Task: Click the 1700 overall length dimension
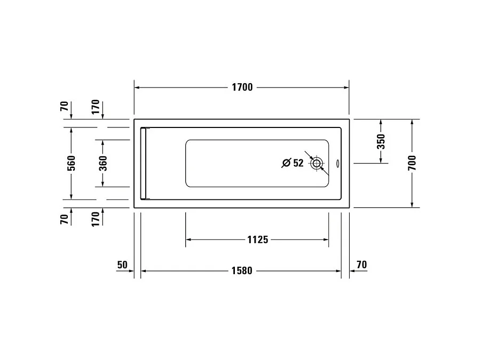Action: [x=242, y=87]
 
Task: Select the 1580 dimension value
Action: [x=241, y=271]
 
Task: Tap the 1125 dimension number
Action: [x=257, y=240]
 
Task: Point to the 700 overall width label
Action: [x=412, y=163]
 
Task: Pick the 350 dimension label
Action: [x=381, y=141]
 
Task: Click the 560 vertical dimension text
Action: [x=72, y=163]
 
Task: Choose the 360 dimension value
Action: [x=103, y=163]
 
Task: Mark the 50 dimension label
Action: [x=122, y=265]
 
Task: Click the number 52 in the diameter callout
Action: [x=298, y=163]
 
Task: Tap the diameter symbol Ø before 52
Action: [x=286, y=163]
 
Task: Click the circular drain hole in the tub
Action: [x=317, y=163]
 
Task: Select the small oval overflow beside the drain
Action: [x=338, y=164]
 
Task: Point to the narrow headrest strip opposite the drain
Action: [x=143, y=163]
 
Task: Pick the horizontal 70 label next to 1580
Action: [x=361, y=265]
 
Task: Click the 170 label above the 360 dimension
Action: [x=96, y=107]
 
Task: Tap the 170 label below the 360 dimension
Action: [x=96, y=219]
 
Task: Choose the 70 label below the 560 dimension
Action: [x=64, y=219]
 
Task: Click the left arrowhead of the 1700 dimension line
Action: [x=137, y=87]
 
